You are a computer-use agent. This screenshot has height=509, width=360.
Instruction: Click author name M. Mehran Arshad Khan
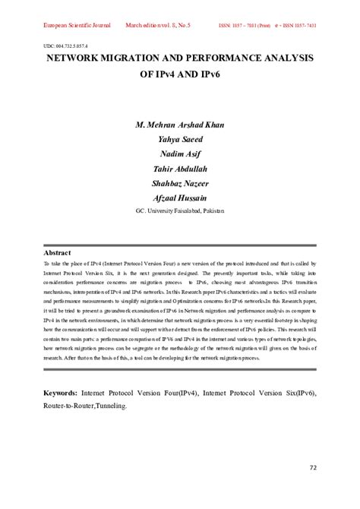180,125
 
